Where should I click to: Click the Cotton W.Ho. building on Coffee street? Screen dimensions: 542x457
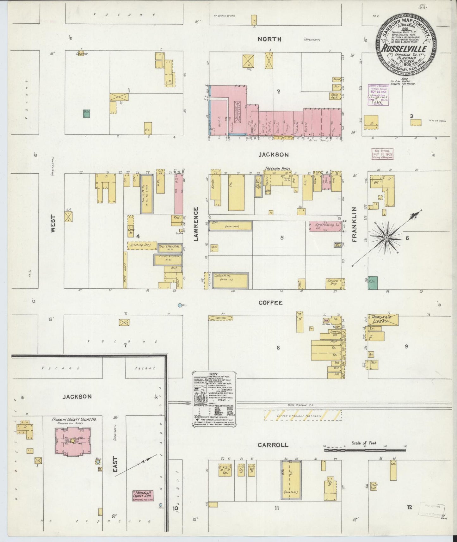point(230,280)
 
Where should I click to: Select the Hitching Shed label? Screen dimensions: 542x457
point(139,245)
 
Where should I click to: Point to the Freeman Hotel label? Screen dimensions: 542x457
point(279,169)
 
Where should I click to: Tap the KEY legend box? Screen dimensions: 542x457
point(214,400)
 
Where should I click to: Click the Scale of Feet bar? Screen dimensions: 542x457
point(365,449)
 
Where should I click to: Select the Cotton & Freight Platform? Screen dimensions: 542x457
point(303,415)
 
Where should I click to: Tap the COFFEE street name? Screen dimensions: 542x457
point(270,303)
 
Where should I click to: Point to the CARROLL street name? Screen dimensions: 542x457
point(273,445)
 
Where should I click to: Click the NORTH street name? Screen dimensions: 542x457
point(269,39)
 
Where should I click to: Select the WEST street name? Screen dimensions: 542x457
point(52,224)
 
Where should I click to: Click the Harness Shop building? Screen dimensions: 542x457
point(334,284)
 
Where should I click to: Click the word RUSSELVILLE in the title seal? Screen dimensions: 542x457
point(404,49)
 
